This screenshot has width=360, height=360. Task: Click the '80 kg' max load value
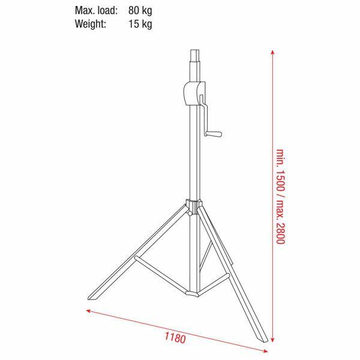140,10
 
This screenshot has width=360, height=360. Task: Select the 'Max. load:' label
96,10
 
